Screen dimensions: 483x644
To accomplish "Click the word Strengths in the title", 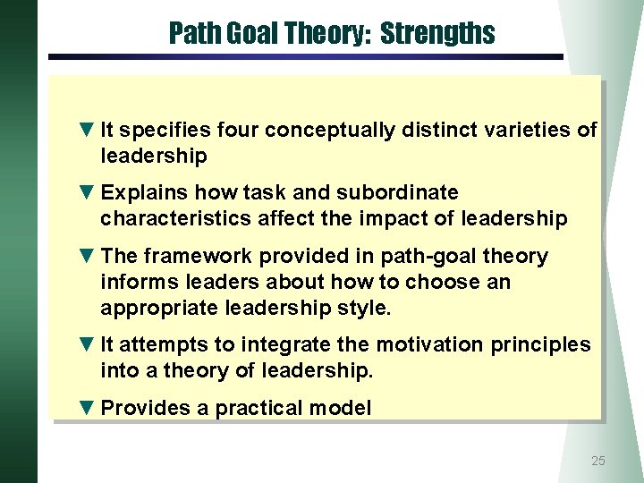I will coord(436,34).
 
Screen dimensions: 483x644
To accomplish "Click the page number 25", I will coord(598,461).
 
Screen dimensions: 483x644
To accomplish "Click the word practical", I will coord(256,409).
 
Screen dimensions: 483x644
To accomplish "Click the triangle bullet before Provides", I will coord(87,408).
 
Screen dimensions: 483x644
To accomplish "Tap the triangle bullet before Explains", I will coord(87,192).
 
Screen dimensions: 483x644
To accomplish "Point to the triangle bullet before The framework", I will coord(87,256).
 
